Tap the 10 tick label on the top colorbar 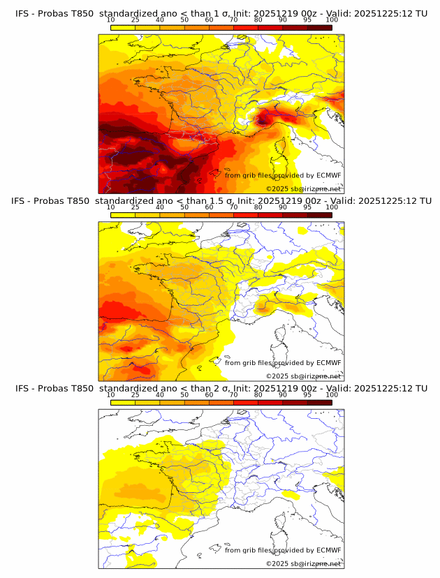[111, 21]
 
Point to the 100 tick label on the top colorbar [332, 21]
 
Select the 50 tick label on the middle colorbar [184, 208]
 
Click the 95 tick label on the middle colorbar [307, 208]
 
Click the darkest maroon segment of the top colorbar [319, 27]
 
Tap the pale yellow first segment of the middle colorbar [123, 214]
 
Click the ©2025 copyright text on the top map [277, 189]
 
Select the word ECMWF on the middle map [328, 362]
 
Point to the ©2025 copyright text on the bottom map [277, 563]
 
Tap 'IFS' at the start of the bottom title [23, 388]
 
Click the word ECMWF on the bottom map [328, 550]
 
